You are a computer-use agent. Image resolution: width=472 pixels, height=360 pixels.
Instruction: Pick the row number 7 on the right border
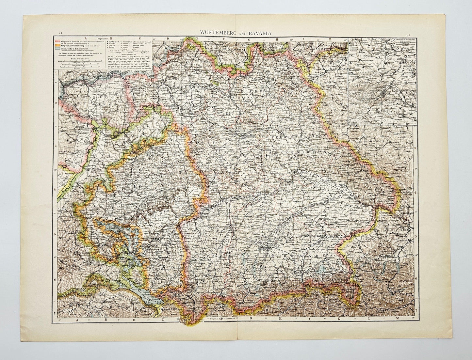(x=415, y=308)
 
